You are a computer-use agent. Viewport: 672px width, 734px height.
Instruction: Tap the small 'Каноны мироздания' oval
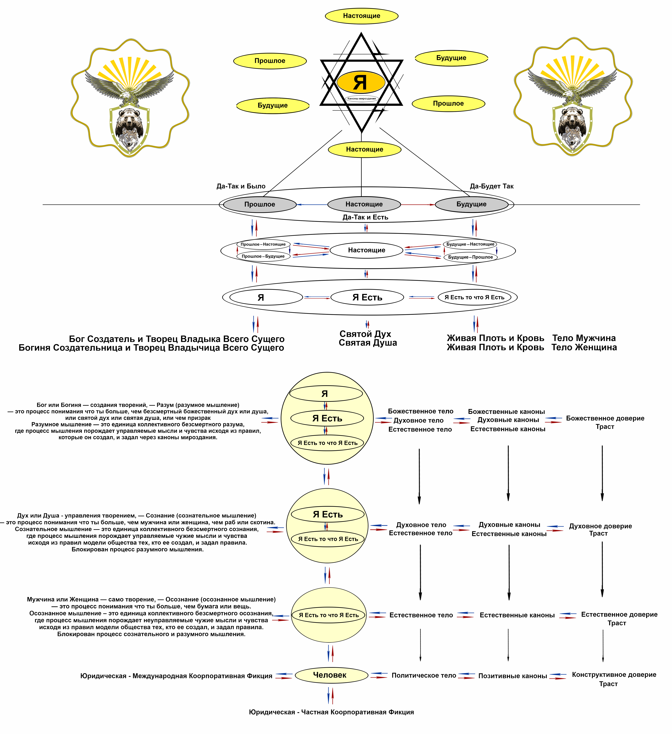coord(362,99)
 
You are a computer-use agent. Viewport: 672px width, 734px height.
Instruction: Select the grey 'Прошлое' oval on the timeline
coord(260,205)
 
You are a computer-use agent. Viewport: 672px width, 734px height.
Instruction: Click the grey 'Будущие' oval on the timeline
coord(471,205)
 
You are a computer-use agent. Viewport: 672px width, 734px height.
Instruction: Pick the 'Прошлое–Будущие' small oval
coord(263,256)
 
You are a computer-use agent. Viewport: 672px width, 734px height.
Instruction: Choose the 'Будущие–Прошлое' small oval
coord(470,257)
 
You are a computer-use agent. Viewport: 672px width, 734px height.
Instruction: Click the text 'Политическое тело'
coord(424,675)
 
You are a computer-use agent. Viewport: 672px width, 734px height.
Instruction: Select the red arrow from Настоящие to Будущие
coord(418,205)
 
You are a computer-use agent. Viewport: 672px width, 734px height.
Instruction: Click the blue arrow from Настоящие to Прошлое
coord(312,205)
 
